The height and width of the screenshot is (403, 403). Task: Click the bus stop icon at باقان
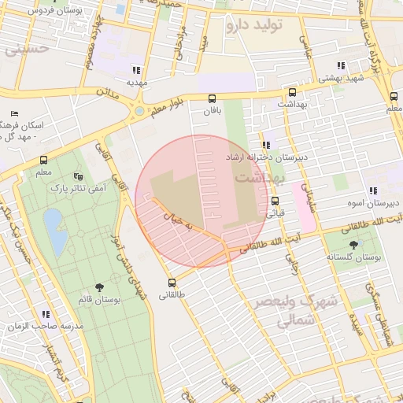tap(212, 98)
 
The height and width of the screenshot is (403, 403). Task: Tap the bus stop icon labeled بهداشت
tap(292, 92)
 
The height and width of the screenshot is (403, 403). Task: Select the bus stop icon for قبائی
tap(275, 200)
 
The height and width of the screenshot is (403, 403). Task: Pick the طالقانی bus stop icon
tap(172, 283)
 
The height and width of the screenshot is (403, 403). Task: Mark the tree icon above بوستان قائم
tap(98, 288)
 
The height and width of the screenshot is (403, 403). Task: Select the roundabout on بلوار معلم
tap(139, 111)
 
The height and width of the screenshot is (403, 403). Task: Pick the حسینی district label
tap(26, 49)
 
